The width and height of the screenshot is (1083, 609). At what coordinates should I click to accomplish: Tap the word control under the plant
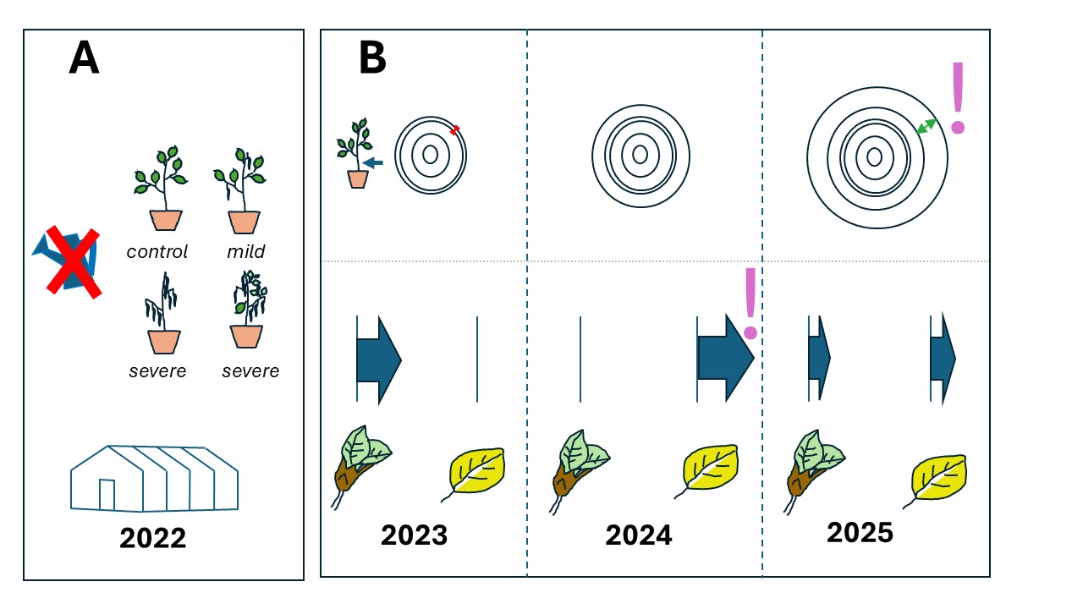point(157,252)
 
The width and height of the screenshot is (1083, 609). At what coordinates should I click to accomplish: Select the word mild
point(246,251)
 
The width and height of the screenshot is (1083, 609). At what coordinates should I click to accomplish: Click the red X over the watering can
point(74,261)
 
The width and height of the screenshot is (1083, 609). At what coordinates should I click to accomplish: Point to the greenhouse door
point(107,495)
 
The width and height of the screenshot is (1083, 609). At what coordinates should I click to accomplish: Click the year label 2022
point(153,538)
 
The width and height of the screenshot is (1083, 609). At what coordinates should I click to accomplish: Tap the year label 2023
point(414,535)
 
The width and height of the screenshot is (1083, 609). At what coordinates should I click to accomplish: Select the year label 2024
point(638,535)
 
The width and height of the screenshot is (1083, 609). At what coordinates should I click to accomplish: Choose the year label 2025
point(860,532)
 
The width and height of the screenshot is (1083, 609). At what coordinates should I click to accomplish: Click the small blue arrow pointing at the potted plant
point(373,163)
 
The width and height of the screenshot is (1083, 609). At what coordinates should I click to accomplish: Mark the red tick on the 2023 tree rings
point(454,130)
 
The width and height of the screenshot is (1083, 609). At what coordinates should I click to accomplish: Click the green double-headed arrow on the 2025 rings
point(926,126)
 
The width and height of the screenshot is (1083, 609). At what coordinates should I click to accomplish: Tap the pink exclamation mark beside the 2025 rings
point(958,97)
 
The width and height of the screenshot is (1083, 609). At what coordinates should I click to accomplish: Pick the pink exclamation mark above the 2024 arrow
point(750,304)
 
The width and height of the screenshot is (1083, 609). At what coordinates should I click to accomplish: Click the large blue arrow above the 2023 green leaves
point(379,359)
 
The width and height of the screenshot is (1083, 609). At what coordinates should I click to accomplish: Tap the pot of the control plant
point(166,221)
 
